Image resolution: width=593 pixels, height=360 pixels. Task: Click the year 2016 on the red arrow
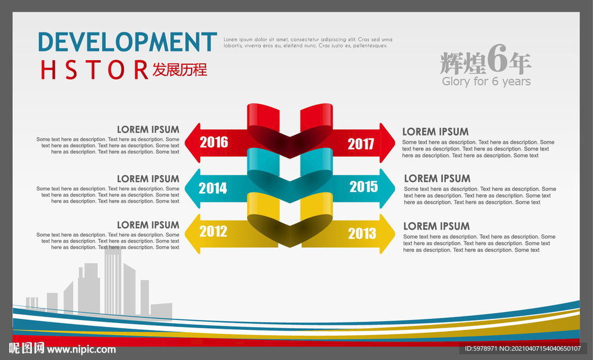coord(214,142)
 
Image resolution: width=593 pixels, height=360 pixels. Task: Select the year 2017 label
coord(361,144)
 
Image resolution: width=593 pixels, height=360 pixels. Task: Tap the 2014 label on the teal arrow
coord(213,188)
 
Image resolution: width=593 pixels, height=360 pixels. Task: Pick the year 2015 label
coord(364,186)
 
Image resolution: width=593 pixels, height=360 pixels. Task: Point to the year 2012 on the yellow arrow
coord(213,231)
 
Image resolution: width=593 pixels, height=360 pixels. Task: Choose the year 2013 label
coord(362,233)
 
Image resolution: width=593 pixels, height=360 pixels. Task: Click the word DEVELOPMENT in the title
coord(127,42)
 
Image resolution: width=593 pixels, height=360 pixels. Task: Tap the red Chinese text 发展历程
coord(180,69)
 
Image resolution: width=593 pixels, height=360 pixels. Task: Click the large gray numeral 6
coord(497,58)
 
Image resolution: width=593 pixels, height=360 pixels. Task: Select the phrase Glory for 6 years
coord(486,81)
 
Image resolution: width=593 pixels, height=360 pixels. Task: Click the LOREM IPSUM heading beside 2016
coord(148,129)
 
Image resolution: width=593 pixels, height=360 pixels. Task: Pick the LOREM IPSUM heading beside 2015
coord(437,178)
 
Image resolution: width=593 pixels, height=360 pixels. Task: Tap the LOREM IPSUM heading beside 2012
coord(148,225)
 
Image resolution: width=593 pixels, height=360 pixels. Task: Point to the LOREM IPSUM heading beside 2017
coord(435,131)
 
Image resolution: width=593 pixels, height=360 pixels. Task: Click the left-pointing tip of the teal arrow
coord(185,188)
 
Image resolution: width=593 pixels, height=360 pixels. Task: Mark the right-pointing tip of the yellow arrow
coord(395,234)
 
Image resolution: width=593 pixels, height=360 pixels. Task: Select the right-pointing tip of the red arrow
coord(395,143)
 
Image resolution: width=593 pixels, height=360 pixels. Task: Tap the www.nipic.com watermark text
coord(81,350)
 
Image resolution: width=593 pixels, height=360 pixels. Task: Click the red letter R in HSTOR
coord(141,69)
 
